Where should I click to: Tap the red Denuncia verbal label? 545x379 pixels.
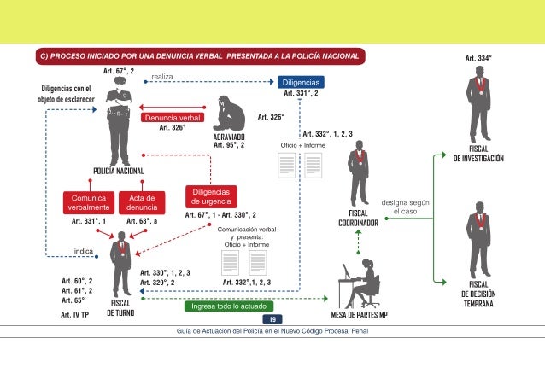[172, 117]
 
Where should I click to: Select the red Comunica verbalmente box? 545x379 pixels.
[89, 203]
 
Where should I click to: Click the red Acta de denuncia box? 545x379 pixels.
[141, 203]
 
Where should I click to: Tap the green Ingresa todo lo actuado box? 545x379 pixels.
[228, 306]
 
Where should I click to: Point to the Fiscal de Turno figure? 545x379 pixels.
[125, 261]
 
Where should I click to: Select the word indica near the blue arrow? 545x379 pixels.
[84, 251]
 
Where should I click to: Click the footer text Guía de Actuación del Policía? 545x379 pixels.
[272, 329]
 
